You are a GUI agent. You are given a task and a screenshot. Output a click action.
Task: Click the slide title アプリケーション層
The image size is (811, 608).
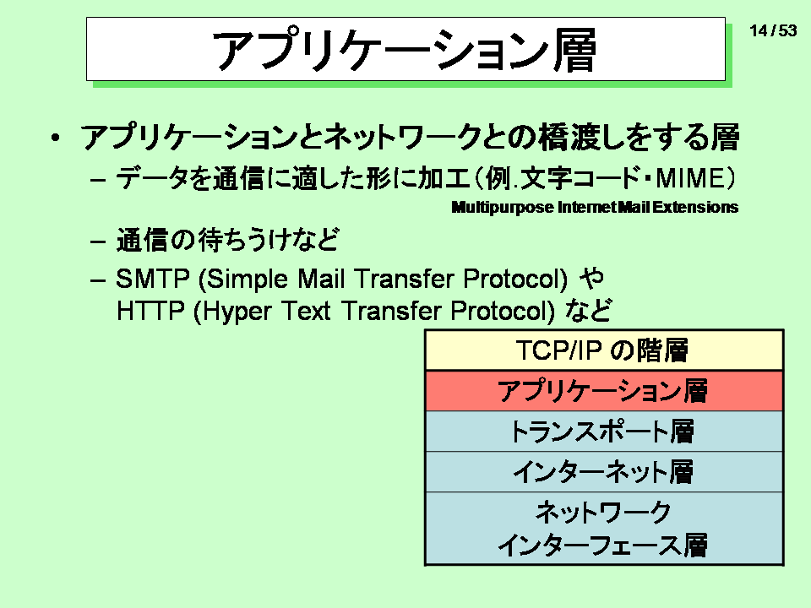[x=405, y=50]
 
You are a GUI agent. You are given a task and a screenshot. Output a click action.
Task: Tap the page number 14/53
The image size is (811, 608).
[x=773, y=30]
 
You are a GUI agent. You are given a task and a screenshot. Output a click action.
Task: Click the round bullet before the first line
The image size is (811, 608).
[x=56, y=138]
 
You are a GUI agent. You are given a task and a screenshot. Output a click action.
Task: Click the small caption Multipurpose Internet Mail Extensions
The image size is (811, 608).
[x=595, y=208]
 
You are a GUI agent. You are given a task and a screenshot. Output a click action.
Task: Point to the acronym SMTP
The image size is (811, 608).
[x=153, y=279]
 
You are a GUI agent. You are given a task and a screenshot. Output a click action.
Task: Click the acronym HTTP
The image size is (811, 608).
[x=150, y=312]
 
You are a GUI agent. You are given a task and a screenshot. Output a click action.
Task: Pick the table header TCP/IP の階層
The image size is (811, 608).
[x=602, y=350]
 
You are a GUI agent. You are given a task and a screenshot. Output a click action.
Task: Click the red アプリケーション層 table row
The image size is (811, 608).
[x=604, y=391]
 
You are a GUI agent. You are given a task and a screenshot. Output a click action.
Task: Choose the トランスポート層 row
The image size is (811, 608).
[x=604, y=432]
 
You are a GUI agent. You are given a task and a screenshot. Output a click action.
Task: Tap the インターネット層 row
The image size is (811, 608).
[x=604, y=471]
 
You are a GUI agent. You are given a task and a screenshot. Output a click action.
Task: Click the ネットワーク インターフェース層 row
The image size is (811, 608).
[x=604, y=529]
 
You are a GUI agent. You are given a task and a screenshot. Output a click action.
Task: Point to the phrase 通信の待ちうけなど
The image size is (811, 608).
[x=227, y=240]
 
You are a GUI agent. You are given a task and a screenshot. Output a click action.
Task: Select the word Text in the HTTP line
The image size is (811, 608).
[x=306, y=312]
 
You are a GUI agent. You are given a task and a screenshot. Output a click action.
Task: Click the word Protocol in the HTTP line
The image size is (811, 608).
[x=503, y=312]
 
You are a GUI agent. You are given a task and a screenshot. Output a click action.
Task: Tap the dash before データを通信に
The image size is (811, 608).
[x=98, y=179]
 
